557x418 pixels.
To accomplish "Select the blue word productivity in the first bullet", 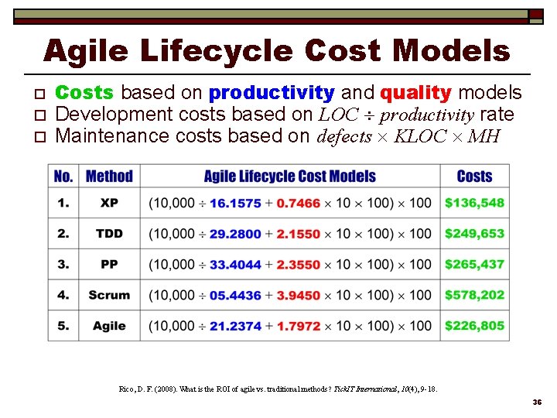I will pos(272,93).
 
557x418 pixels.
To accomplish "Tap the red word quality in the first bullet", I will pos(415,93).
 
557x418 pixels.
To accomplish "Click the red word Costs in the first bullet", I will pos(85,93).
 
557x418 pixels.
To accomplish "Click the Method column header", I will pos(109,176).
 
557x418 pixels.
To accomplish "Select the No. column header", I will pos(63,176).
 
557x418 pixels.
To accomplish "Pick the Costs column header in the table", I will pos(474,176).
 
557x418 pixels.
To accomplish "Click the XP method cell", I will pos(109,203).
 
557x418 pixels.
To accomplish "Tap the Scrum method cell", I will pos(109,295).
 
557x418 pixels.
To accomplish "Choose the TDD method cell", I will pos(109,234).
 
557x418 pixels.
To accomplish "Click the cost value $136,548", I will pos(474,203).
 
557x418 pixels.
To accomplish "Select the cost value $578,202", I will pos(474,295).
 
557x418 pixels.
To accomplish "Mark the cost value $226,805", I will pos(474,326).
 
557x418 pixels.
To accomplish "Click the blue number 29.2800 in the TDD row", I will pos(235,234).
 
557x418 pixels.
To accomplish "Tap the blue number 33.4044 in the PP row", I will pos(235,265).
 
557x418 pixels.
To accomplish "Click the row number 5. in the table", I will pos(63,326).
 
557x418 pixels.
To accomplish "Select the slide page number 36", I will pos(536,403).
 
